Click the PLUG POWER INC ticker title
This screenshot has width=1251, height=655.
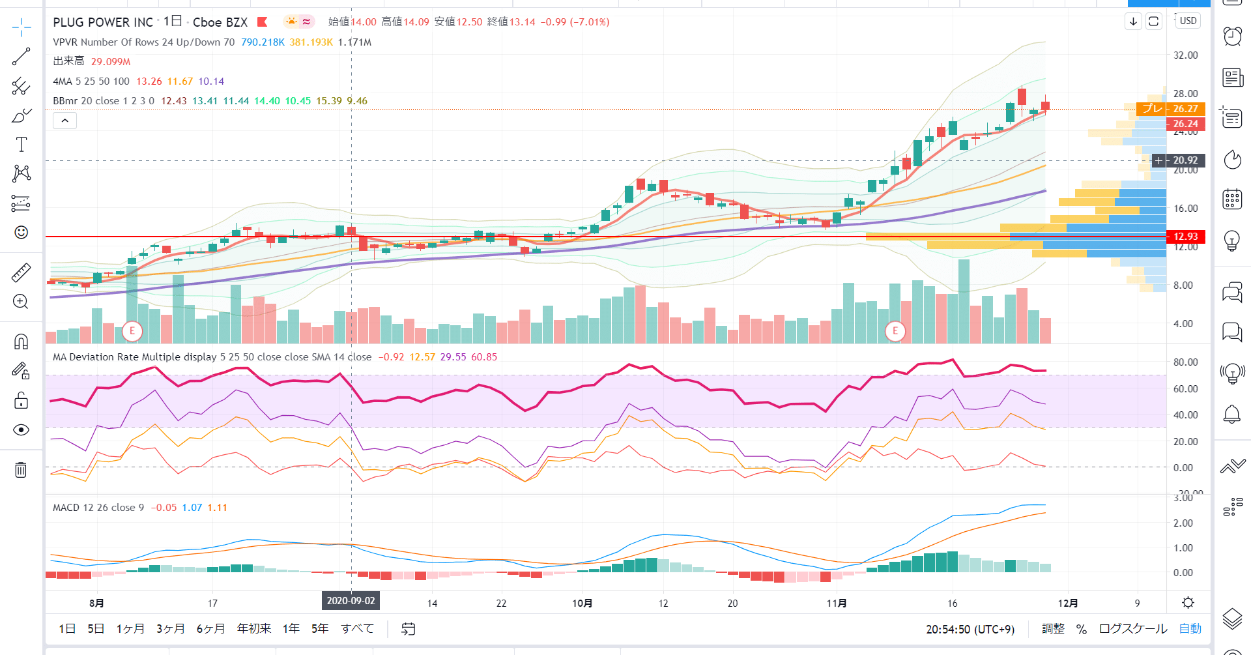click(x=103, y=22)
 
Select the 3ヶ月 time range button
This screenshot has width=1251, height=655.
click(x=170, y=629)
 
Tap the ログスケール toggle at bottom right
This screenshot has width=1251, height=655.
click(x=1132, y=629)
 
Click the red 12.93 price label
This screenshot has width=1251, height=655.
click(x=1185, y=237)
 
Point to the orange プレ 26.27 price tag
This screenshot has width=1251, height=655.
click(x=1171, y=109)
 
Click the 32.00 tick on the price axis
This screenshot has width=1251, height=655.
click(x=1185, y=55)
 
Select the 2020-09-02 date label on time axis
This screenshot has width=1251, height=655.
click(x=351, y=601)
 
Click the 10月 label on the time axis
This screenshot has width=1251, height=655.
click(x=582, y=604)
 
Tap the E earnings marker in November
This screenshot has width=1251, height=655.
click(x=895, y=331)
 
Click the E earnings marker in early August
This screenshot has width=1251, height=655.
click(x=132, y=331)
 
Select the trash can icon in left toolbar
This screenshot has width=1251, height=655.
click(x=21, y=470)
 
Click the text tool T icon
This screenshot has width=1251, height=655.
click(x=21, y=145)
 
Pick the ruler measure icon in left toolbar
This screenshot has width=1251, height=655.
click(x=21, y=272)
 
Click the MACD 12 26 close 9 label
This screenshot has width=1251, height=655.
click(x=98, y=508)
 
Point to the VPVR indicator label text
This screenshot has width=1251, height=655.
click(x=143, y=42)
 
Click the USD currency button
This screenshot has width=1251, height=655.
click(x=1188, y=21)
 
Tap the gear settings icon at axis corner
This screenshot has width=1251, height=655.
click(x=1188, y=603)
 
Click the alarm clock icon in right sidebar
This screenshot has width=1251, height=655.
click(x=1231, y=36)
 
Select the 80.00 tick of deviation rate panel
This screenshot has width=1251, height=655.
click(x=1185, y=362)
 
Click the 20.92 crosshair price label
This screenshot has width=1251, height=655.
click(x=1185, y=160)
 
